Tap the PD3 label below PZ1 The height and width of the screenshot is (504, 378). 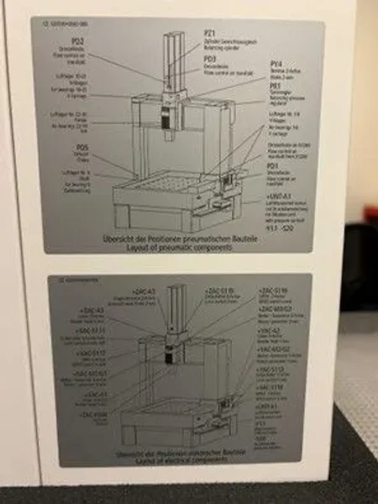click(210, 60)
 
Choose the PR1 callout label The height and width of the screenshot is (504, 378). click(274, 86)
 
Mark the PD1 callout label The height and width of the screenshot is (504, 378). click(272, 166)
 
